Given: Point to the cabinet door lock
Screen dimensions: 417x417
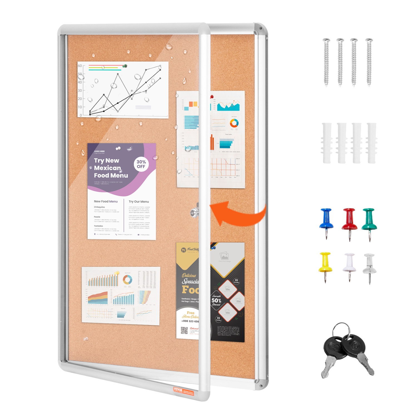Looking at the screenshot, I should coord(194,212).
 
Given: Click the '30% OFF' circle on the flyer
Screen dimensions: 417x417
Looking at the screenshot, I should coord(141,164).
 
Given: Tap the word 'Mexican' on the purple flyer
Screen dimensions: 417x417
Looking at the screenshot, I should coord(107,168).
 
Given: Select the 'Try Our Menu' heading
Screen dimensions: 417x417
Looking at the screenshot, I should coord(139,202).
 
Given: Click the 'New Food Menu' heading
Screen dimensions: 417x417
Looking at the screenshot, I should coord(106,201).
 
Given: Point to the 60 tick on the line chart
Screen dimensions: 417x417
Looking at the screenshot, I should coord(80,66).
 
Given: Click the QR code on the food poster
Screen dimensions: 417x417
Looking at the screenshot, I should coord(184,330).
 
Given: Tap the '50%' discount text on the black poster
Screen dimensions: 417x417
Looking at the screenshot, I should coord(216,301).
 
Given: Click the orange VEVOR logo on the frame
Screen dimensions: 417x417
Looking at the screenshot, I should coord(178,389).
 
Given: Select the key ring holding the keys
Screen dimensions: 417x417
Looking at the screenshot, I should coord(341,329).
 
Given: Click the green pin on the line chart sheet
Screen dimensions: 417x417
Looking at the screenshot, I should coord(125,66).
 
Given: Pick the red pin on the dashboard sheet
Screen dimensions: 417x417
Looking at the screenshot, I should coord(212,97).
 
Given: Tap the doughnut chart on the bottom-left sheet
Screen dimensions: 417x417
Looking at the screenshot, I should coord(127,280).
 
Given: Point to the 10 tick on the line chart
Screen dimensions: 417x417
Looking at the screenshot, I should coord(80,107).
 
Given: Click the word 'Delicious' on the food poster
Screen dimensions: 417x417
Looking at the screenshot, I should coord(189,275).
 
